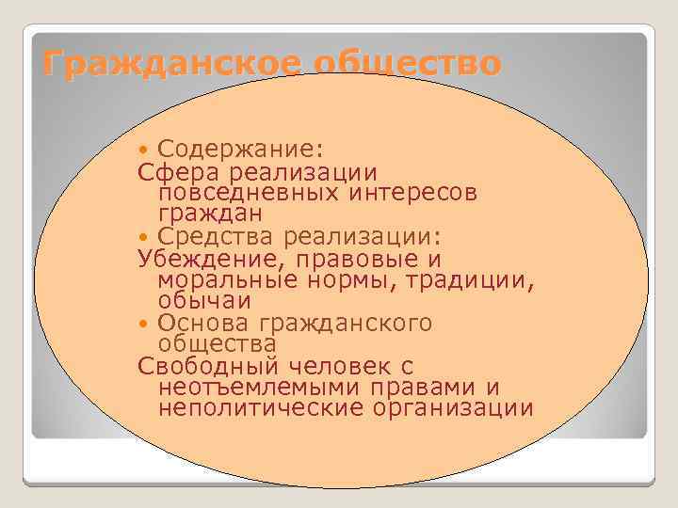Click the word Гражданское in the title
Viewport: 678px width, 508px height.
coord(169,64)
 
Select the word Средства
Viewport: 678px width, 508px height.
coord(206,235)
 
